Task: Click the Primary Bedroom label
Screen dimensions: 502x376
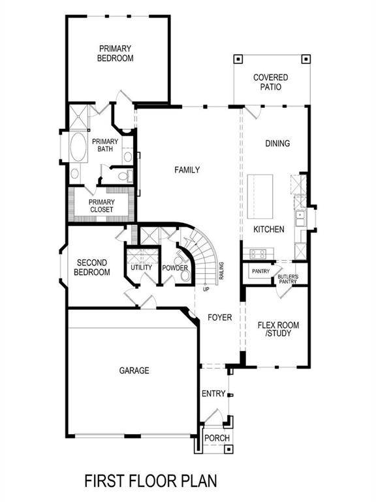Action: (x=116, y=53)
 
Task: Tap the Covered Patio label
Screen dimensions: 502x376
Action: (x=271, y=82)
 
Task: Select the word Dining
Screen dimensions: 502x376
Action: (x=277, y=143)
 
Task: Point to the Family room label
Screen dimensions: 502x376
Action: (x=187, y=170)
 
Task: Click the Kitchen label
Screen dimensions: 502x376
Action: (x=269, y=229)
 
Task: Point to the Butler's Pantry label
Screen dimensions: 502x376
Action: (x=287, y=279)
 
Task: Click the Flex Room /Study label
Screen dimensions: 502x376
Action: (x=275, y=329)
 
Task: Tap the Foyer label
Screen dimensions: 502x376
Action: (x=220, y=318)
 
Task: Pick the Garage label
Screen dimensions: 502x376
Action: (x=134, y=371)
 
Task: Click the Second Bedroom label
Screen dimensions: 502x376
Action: (x=92, y=267)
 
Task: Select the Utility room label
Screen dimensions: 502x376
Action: (x=141, y=267)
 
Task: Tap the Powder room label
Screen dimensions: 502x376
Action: (x=175, y=268)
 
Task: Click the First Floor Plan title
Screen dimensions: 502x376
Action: (x=150, y=481)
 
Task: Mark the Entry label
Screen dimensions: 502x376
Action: (x=213, y=393)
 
